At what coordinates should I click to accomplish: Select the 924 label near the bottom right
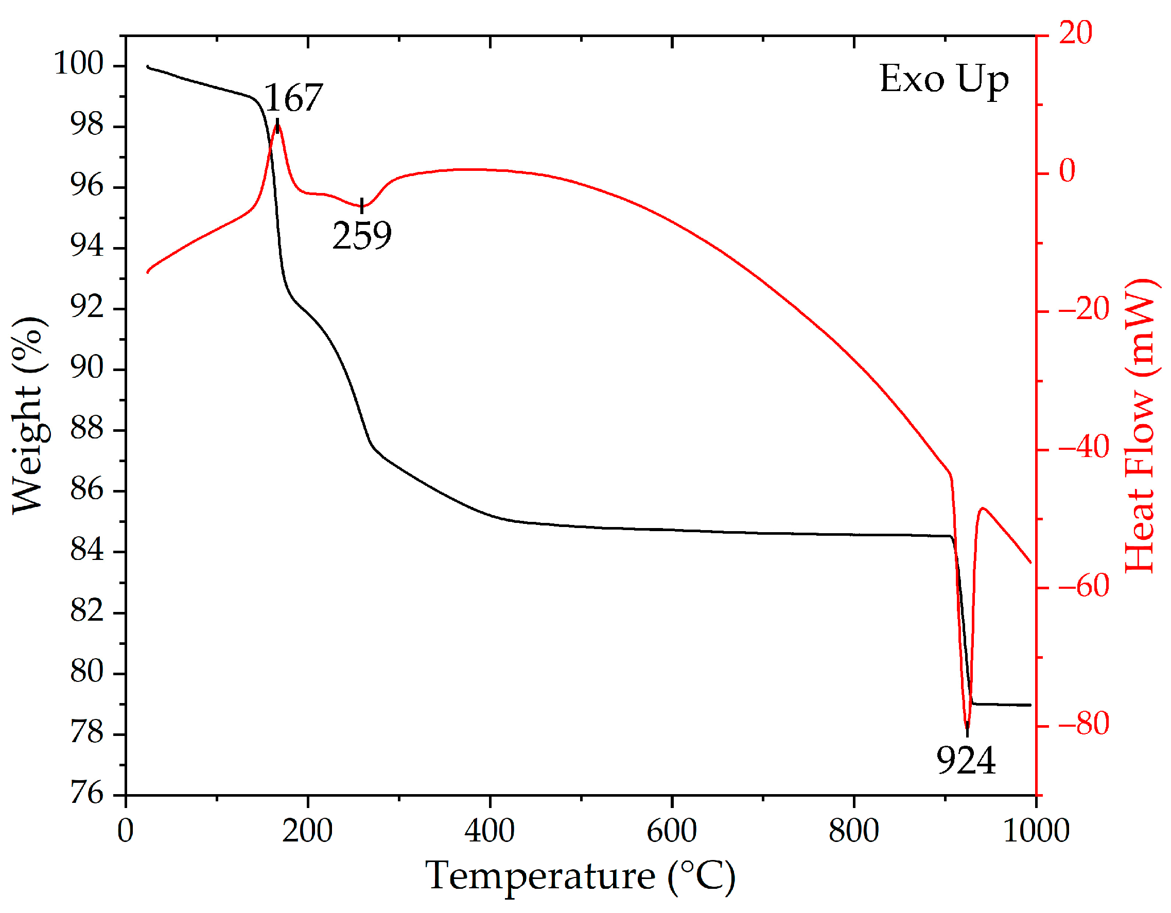(966, 760)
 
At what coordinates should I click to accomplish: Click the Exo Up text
(944, 80)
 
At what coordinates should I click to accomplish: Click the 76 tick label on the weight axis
(86, 793)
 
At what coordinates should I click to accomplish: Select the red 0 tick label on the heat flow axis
(1067, 171)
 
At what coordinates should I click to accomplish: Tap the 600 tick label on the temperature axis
(671, 832)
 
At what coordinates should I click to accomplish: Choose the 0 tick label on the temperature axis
(126, 832)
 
